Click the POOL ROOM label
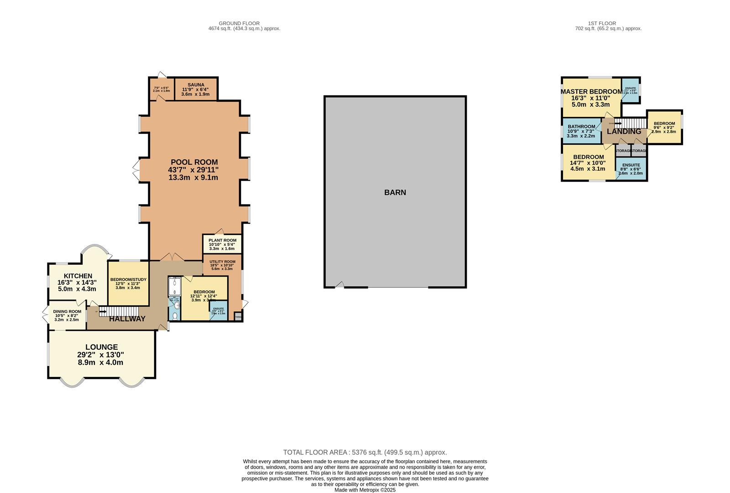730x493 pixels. [194, 162]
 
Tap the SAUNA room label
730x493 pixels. [196, 84]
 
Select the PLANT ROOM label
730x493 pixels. [222, 240]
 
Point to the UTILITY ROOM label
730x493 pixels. [222, 262]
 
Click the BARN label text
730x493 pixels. [395, 193]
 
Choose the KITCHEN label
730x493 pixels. [78, 276]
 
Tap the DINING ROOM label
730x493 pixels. [67, 312]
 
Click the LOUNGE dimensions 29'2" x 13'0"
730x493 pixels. [100, 355]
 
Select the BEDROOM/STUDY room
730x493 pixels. [128, 283]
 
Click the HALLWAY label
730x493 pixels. [127, 319]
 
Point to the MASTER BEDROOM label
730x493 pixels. [591, 92]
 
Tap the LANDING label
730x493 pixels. [624, 131]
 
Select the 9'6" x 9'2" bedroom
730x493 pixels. [664, 127]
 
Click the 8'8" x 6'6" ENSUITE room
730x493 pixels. [631, 169]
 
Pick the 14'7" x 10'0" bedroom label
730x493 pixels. [588, 157]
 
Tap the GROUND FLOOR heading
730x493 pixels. [239, 23]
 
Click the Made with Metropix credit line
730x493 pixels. [365, 490]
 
